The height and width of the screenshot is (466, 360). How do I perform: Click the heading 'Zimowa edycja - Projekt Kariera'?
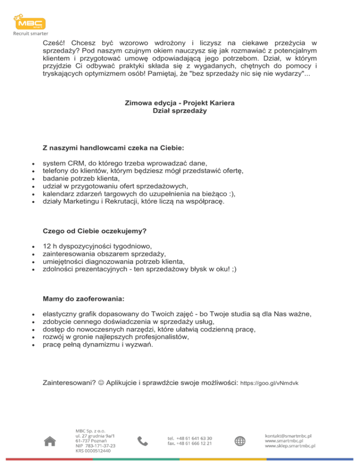(x=180, y=103)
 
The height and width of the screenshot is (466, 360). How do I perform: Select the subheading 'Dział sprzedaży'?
(x=180, y=111)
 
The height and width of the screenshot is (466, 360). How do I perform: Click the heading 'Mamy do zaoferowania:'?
(x=84, y=299)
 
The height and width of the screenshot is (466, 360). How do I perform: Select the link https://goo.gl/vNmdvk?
(x=269, y=383)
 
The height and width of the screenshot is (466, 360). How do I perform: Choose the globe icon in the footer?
(x=240, y=441)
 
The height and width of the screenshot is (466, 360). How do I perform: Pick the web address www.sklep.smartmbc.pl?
(x=290, y=446)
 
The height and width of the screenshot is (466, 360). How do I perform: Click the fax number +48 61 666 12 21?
(x=189, y=443)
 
